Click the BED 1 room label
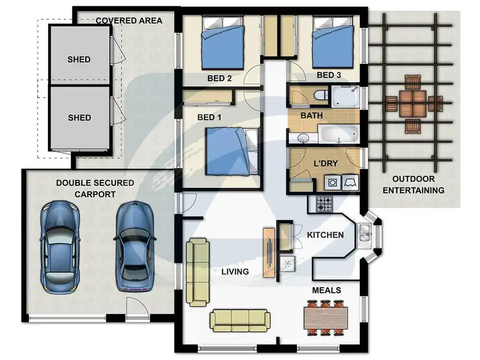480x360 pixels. (210, 117)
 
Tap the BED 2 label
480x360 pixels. (220, 79)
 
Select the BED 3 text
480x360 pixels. (330, 75)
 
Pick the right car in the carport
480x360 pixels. (136, 246)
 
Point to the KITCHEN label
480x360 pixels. (325, 235)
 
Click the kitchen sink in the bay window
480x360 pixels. (365, 233)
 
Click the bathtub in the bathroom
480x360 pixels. (338, 135)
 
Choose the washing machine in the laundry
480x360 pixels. (333, 182)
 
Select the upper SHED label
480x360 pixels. (79, 59)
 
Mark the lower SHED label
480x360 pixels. (79, 118)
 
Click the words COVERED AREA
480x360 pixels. (128, 20)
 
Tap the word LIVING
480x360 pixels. (235, 272)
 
